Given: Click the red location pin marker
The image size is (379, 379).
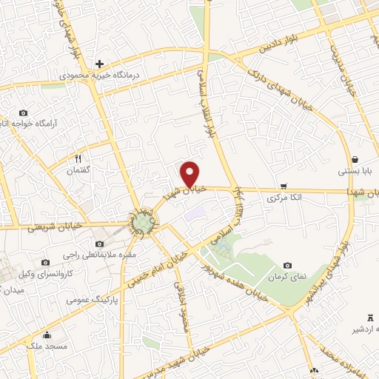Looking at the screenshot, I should pos(191,174).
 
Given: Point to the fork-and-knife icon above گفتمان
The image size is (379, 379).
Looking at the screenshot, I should pos(78,158).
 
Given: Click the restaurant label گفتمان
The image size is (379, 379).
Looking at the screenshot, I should pos(78,170).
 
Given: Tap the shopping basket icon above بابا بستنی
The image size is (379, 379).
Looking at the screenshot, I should pos(355,159).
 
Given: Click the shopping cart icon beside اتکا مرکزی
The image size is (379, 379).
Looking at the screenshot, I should pos(283,187).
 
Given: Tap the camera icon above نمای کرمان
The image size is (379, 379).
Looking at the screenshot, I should pos(287,265).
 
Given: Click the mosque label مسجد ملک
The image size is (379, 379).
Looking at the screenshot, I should pos(47,346).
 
